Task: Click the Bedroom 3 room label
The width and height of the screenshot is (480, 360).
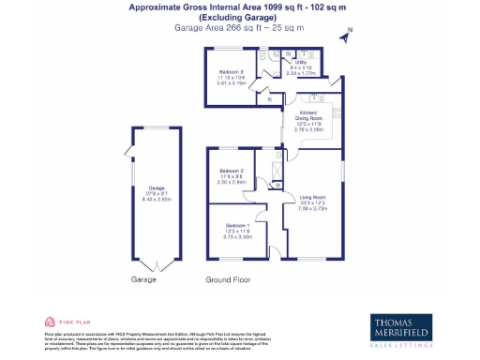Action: (231, 72)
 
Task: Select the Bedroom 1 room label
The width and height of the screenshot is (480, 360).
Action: (235, 226)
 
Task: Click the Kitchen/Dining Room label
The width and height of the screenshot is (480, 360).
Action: (309, 114)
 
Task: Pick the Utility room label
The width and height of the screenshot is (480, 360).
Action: (299, 64)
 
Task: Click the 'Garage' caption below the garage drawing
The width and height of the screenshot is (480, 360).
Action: (143, 279)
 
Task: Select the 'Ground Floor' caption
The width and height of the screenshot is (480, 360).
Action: (228, 279)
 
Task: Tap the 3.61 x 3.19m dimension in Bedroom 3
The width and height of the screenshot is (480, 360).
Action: (231, 83)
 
